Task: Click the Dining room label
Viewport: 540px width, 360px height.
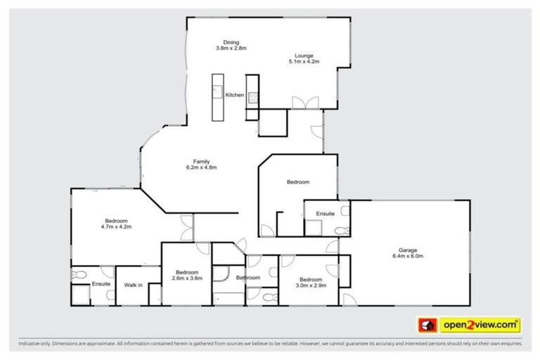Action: pos(231,41)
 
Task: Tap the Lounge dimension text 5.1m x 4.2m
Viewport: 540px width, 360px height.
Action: pos(304,62)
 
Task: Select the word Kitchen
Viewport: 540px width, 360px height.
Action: pos(234,95)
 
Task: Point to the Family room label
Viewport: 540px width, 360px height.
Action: pos(201,161)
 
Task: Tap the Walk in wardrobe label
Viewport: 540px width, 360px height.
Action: pos(134,285)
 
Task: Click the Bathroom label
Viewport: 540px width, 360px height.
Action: pos(248,278)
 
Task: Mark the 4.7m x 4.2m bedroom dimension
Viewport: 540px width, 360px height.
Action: pos(117,227)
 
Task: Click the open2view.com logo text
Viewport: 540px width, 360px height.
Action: pos(480,325)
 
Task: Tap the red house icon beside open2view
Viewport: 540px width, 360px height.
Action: pos(427,325)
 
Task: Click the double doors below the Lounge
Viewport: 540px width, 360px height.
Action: pos(300,103)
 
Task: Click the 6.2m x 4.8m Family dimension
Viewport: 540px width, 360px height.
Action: pos(201,167)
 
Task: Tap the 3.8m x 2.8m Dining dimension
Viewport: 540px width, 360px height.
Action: pos(231,48)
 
